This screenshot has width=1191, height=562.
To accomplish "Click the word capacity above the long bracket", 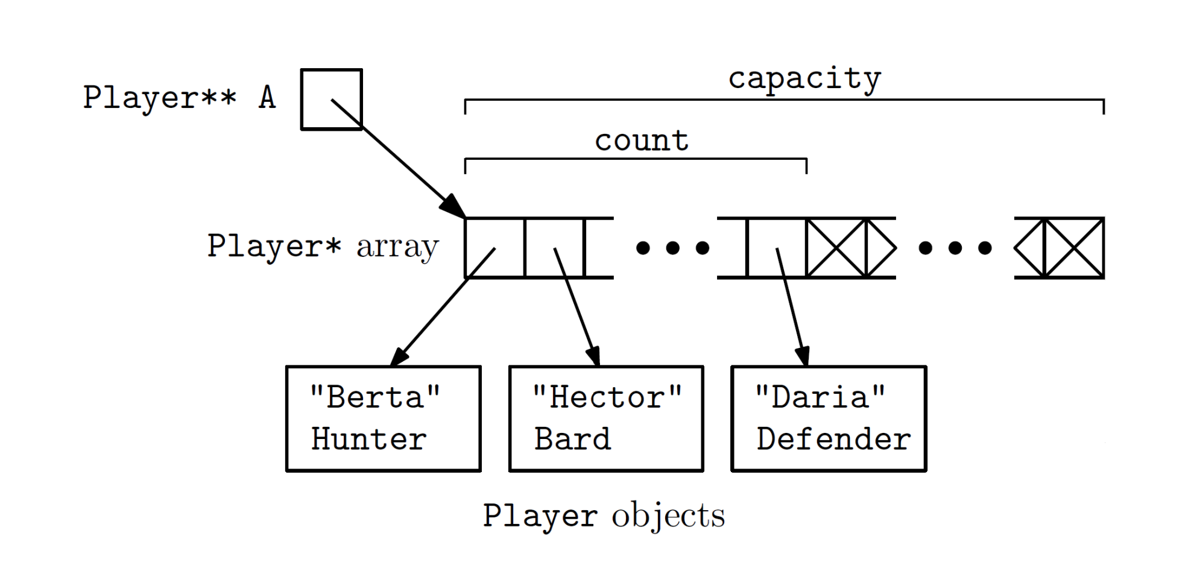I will pyautogui.click(x=804, y=79).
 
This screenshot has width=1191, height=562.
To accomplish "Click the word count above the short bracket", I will pyautogui.click(x=642, y=141).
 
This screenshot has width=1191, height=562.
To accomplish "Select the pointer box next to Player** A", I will pyautogui.click(x=331, y=99).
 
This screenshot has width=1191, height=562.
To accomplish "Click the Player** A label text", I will pyautogui.click(x=179, y=98).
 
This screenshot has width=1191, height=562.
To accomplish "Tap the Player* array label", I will pyautogui.click(x=323, y=246).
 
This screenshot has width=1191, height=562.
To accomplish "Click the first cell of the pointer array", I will pyautogui.click(x=494, y=247).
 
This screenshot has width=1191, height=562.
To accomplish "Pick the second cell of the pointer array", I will pyautogui.click(x=554, y=247).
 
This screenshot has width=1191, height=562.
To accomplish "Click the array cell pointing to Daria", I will pyautogui.click(x=776, y=247).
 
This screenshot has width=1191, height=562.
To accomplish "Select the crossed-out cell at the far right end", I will pyautogui.click(x=1074, y=248).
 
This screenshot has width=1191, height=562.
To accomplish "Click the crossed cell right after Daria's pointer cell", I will pyautogui.click(x=836, y=248).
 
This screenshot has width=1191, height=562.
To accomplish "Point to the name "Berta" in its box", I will pyautogui.click(x=374, y=397).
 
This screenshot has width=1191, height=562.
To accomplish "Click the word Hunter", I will pyautogui.click(x=368, y=439).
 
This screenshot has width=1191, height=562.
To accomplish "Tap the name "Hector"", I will pyautogui.click(x=607, y=397).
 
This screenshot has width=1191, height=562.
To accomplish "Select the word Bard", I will pyautogui.click(x=572, y=439).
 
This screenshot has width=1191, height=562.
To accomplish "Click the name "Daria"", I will pyautogui.click(x=820, y=397).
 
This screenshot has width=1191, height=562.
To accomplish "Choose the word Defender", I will pyautogui.click(x=833, y=439).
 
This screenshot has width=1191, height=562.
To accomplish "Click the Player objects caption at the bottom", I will pyautogui.click(x=604, y=516).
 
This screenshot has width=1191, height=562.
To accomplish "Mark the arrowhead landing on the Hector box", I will pyautogui.click(x=595, y=356).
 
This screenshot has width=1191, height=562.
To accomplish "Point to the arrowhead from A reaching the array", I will pyautogui.click(x=453, y=207).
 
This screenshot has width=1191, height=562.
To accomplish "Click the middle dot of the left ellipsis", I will pyautogui.click(x=673, y=248).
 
